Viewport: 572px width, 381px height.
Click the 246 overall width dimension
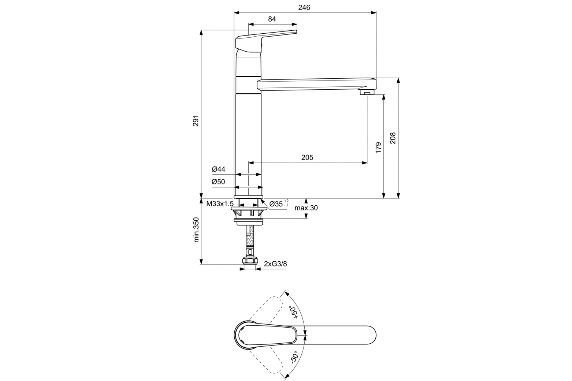click(304, 8)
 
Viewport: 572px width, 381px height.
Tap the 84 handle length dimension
click(272, 19)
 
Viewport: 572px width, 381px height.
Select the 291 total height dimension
click(196, 120)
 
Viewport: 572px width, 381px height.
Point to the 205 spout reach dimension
click(307, 157)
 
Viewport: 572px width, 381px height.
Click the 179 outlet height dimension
click(378, 147)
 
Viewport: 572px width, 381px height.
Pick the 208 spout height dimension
click(393, 138)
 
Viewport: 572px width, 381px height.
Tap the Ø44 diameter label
click(218, 169)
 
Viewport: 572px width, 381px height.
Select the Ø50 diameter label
click(218, 182)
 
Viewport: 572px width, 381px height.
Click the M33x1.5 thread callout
click(220, 203)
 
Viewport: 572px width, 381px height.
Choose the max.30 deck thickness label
click(306, 208)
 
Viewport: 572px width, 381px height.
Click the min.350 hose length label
click(196, 230)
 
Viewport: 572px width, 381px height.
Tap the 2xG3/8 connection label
click(275, 264)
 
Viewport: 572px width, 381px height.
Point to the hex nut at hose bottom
click(250, 261)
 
